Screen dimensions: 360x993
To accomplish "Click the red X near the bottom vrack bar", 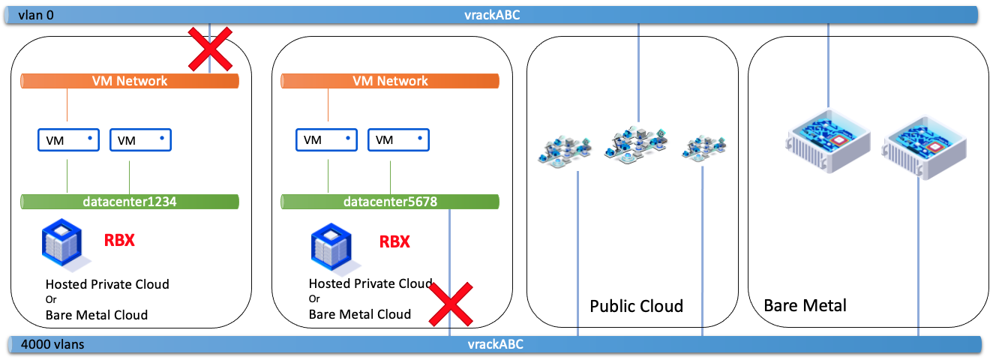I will coord(450,305).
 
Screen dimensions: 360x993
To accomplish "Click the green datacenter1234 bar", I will coord(130,201).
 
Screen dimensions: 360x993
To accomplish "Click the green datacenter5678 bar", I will coord(390,201).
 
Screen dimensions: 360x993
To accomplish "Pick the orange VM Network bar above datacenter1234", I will coord(130,81).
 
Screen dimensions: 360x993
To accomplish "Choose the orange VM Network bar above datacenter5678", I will coord(390,81).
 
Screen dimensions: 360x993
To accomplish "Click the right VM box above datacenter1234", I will coord(140,140).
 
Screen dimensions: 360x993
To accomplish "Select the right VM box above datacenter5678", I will coord(398,140).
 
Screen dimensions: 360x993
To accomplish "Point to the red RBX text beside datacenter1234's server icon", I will coord(119,241).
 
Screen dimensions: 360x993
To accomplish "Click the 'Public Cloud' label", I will coord(636,306).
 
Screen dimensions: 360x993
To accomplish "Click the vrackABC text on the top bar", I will coord(492,14).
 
